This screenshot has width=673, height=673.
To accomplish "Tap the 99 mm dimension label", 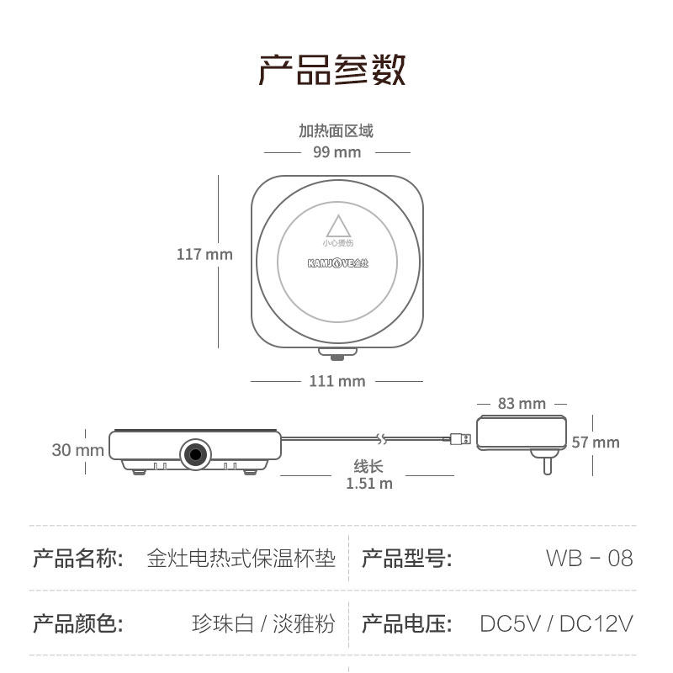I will click(x=336, y=152).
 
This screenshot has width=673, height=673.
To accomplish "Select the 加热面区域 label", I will click(x=336, y=131).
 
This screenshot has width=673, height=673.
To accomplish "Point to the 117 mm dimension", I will click(x=204, y=254).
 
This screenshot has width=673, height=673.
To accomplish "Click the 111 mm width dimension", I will click(x=336, y=381).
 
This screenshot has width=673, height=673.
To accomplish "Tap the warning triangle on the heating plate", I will click(x=337, y=226).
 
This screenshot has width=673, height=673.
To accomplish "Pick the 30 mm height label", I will click(x=78, y=450).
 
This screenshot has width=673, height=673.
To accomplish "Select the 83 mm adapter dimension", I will click(x=522, y=404).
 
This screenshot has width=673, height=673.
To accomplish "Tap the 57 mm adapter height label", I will click(x=596, y=442).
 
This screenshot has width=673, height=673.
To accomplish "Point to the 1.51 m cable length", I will click(x=368, y=483).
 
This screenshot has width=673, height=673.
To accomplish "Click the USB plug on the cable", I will click(x=459, y=439).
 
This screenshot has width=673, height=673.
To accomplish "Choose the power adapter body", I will click(x=521, y=433).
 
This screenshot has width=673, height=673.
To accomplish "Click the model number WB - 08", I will click(x=589, y=558).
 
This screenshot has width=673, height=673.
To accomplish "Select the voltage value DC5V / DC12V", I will click(x=556, y=623).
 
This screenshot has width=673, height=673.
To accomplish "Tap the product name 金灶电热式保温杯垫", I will click(x=241, y=558).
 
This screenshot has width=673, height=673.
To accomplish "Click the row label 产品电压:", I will click(x=407, y=623).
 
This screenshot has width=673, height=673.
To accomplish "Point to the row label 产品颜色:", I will click(x=78, y=623).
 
